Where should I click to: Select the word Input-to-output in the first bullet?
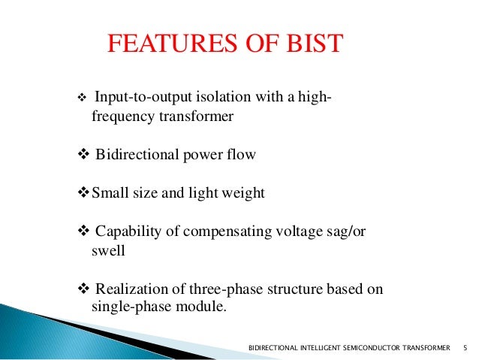pos(135,98)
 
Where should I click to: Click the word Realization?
pos(128,290)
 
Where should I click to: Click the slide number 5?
pos(465,348)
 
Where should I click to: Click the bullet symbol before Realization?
pos(83,290)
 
